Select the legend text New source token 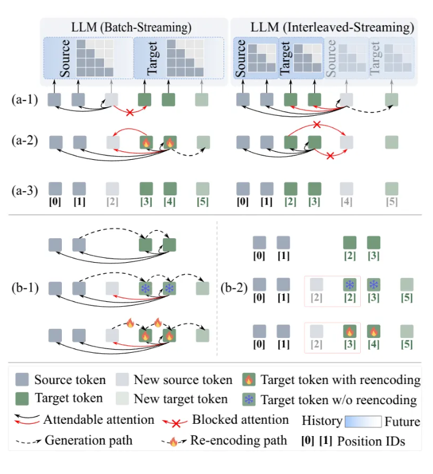pyautogui.click(x=183, y=380)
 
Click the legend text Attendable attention pyautogui.click(x=99, y=420)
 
